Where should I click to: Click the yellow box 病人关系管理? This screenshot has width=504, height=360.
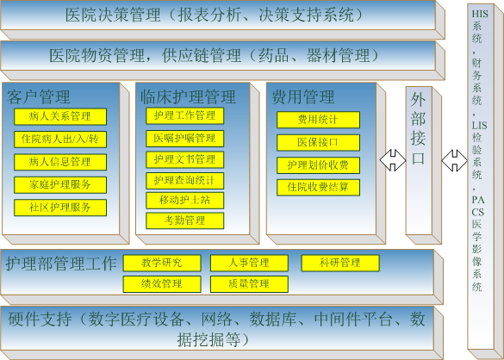[60, 116]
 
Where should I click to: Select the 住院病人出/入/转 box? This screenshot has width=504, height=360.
[60, 140]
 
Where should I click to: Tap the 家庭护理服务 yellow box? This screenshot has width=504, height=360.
[60, 185]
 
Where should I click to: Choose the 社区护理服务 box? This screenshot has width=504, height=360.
[60, 208]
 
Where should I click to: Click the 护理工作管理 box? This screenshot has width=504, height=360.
[185, 115]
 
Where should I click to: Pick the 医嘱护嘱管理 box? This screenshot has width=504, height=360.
[185, 139]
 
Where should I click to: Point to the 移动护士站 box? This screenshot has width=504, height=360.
[185, 201]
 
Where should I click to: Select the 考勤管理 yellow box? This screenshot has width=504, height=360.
[185, 220]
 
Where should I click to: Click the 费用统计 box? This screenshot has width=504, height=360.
[318, 120]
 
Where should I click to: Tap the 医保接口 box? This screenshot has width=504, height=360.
[318, 143]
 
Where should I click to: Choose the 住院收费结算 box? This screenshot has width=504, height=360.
[318, 188]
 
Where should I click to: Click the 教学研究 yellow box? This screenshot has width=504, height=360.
[162, 264]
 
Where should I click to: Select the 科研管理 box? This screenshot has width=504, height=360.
[340, 264]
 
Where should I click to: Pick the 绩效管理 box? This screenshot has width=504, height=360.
[162, 284]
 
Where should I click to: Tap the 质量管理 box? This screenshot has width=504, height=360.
[249, 284]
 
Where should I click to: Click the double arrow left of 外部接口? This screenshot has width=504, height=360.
[393, 160]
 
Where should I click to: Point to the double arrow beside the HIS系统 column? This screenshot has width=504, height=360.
[455, 160]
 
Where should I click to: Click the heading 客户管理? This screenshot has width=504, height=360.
[39, 96]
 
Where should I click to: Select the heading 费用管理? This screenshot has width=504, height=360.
[303, 96]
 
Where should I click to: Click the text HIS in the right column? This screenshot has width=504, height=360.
[480, 14]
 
